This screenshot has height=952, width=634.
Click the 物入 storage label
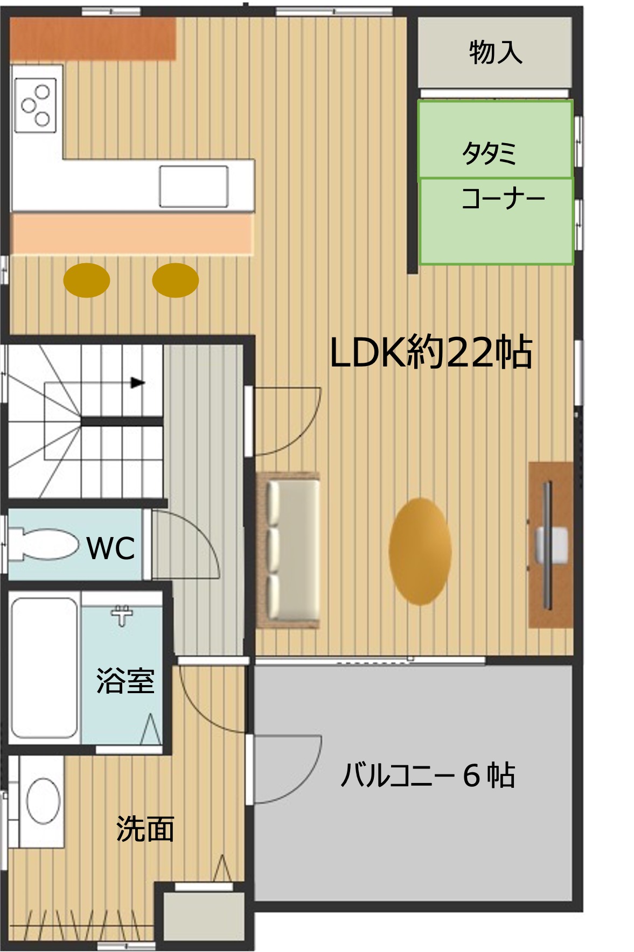click(x=495, y=53)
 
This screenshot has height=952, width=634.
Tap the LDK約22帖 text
click(x=431, y=352)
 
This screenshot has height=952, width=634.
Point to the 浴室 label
click(x=125, y=680)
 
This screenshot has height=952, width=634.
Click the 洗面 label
click(x=145, y=828)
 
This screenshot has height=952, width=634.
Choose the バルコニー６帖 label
click(x=428, y=775)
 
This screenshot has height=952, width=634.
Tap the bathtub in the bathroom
click(x=44, y=668)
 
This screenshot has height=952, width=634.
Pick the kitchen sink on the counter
click(x=193, y=186)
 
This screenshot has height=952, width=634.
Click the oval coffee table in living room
click(x=420, y=551)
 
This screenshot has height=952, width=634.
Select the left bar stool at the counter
click(x=87, y=280)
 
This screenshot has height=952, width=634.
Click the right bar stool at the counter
click(x=176, y=280)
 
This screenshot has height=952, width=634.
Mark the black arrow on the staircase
click(x=138, y=383)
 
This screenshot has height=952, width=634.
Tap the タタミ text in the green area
click(x=489, y=153)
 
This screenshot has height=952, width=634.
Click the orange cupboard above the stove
click(x=93, y=39)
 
